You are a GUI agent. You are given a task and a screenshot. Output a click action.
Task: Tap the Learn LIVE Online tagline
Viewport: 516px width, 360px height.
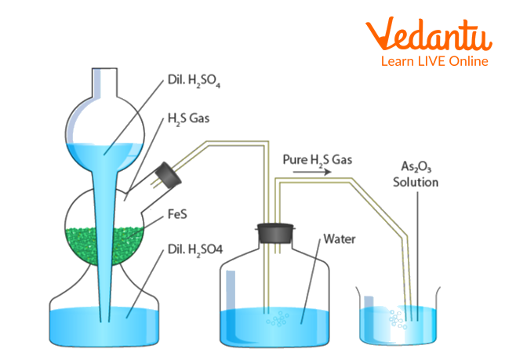click(433, 61)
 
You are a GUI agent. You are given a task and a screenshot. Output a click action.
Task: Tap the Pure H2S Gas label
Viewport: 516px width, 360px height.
click(318, 159)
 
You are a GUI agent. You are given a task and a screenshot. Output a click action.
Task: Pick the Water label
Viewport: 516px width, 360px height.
click(337, 238)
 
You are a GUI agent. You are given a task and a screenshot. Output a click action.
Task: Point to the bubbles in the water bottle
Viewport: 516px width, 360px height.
click(274, 321)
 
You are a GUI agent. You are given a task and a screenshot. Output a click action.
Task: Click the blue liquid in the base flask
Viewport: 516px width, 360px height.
click(71, 324)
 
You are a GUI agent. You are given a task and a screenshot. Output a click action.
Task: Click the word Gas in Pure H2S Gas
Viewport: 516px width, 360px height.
click(341, 159)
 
